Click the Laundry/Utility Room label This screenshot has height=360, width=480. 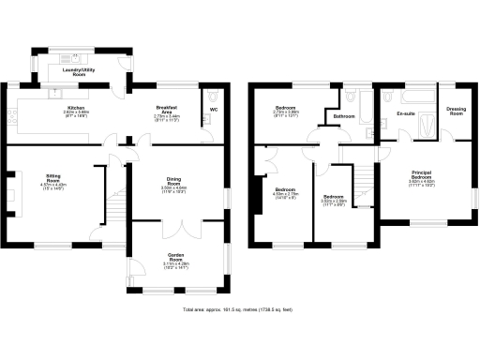pyautogui.click(x=80, y=71)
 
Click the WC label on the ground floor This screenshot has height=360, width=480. pyautogui.click(x=213, y=110)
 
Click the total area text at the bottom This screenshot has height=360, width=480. pyautogui.click(x=240, y=308)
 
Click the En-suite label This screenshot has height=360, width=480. pyautogui.click(x=406, y=112)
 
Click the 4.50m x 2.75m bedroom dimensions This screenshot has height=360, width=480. pyautogui.click(x=285, y=195)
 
